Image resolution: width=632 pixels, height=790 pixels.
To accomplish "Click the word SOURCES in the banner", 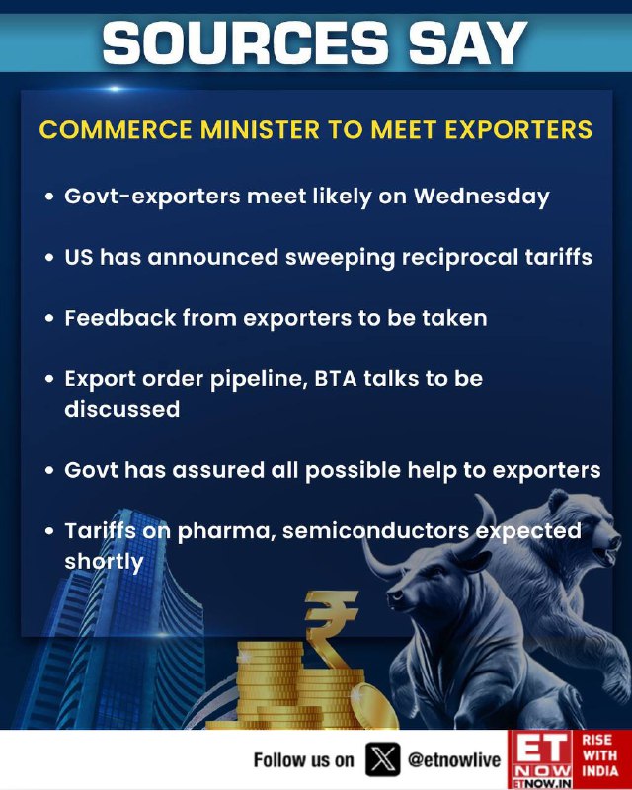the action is pos(246,42).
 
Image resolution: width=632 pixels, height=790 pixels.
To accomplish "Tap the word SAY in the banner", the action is pos(468,42).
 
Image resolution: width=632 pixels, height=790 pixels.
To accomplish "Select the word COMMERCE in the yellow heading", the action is pos(116,129).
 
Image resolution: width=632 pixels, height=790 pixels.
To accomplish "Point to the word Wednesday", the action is pos(481,197).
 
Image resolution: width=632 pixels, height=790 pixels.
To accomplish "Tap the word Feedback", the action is pos(120,318).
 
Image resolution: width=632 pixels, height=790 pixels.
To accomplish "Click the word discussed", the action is pos(122,409).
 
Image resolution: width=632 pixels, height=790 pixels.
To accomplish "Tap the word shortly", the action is pos(104,562).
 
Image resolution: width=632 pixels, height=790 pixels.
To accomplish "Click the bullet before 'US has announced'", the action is pos(49,258).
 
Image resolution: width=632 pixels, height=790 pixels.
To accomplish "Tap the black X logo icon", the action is pos(382,759).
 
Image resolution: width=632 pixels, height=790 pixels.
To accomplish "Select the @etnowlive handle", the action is pos(453,759).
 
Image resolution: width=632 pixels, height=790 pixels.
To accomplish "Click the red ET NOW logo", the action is pos(540,759).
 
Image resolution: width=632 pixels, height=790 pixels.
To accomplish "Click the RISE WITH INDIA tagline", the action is pos(599,755).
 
